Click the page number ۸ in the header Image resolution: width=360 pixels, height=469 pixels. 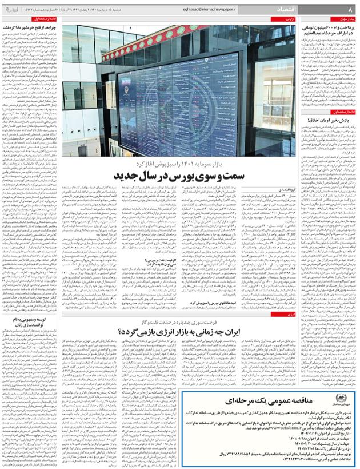click(x=350, y=10)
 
